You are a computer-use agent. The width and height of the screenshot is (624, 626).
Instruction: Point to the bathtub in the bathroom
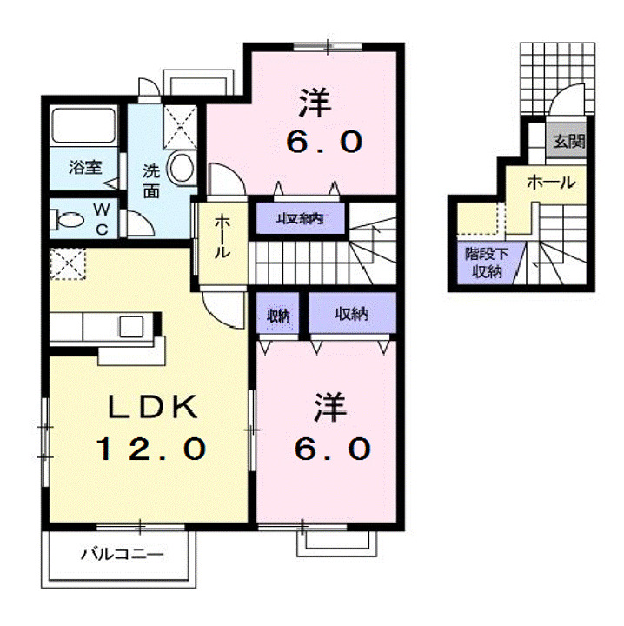[x=83, y=126]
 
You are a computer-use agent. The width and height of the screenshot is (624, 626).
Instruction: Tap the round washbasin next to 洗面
[x=181, y=168]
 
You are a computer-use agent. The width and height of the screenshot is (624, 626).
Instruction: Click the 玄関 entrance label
[x=569, y=142]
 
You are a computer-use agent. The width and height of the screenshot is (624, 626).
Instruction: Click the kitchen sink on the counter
[x=133, y=326]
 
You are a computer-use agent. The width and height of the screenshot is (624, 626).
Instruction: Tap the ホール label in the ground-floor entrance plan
[x=551, y=183]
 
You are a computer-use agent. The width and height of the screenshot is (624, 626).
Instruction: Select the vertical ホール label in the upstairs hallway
[x=222, y=238]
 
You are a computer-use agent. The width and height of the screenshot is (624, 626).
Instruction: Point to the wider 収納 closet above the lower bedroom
[x=352, y=314]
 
